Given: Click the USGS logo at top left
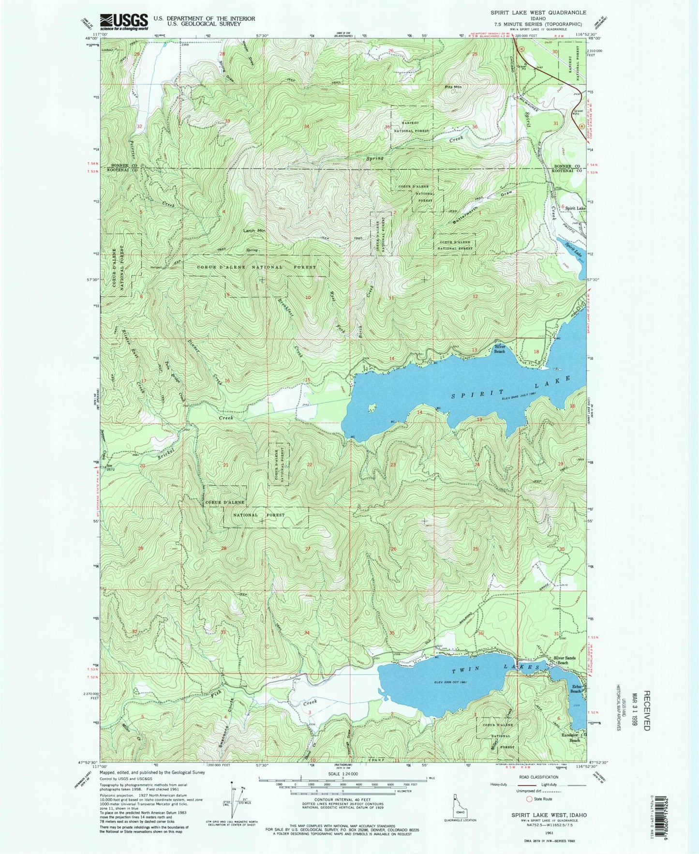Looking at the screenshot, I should [x=124, y=21].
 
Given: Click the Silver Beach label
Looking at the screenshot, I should [x=500, y=349].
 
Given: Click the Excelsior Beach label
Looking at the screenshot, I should [x=574, y=738].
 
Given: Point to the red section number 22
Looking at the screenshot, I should [x=310, y=464].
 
